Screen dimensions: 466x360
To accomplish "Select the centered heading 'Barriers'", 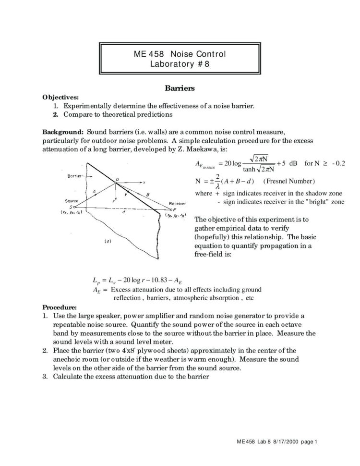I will (x=180, y=88).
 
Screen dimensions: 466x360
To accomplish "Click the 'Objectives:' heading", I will (x=61, y=97).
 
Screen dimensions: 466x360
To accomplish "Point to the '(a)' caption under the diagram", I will (x=109, y=241).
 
